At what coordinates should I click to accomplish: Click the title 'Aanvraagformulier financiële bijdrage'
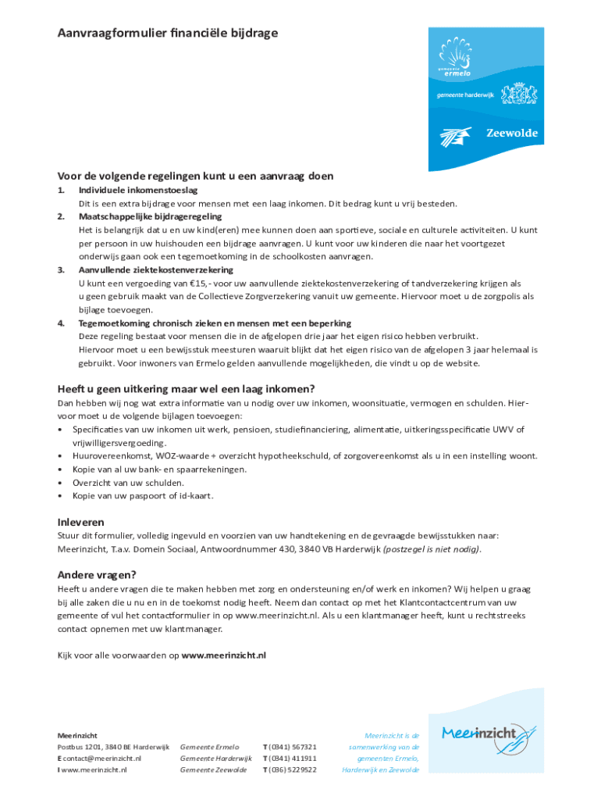tap(167, 33)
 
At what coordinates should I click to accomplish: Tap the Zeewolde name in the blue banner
tap(512, 134)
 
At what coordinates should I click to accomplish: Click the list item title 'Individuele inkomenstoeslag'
tap(138, 191)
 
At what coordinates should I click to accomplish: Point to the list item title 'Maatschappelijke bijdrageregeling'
tap(150, 216)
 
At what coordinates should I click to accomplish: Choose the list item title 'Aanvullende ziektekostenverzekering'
tap(155, 270)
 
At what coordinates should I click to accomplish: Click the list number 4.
tap(61, 323)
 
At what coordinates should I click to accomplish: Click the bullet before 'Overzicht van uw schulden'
tap(61, 483)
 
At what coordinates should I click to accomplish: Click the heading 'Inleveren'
tap(80, 521)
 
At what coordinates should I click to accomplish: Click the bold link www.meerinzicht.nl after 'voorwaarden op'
tap(223, 655)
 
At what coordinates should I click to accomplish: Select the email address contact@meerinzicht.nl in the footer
tap(102, 758)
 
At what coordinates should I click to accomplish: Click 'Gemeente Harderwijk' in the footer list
tap(215, 758)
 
